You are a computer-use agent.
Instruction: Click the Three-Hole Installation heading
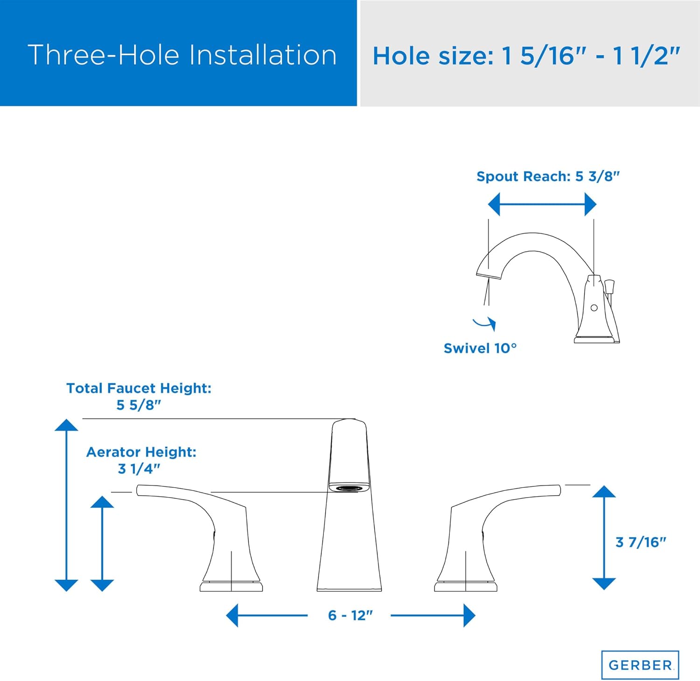[x=182, y=55]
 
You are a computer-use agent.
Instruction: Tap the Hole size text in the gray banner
[x=526, y=56]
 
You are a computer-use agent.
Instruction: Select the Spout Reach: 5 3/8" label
[x=547, y=176]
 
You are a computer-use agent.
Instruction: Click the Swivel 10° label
[x=480, y=348]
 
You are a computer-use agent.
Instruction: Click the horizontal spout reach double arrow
[x=541, y=204]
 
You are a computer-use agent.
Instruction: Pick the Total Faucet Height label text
[x=139, y=388]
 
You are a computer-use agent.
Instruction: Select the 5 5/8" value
[x=139, y=405]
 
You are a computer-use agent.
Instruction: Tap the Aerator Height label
[x=141, y=452]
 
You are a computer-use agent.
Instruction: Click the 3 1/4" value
[x=139, y=469]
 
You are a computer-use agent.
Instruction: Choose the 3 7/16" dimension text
[x=640, y=542]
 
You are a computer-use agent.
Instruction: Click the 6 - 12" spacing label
[x=350, y=616]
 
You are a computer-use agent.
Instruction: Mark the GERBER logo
[x=640, y=665]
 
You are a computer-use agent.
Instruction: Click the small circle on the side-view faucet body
[x=594, y=308]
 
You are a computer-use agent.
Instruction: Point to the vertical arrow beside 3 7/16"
[x=604, y=537]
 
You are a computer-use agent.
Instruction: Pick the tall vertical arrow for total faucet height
[x=66, y=504]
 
